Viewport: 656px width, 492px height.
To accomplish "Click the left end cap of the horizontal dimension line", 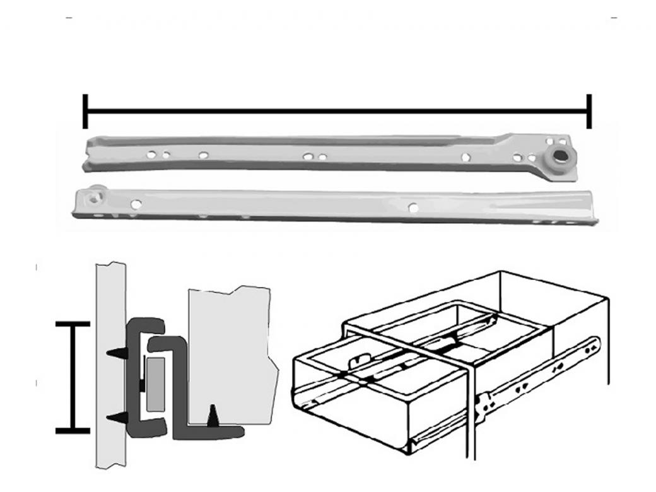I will (x=85, y=111).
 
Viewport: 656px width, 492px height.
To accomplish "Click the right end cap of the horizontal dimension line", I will (x=589, y=111).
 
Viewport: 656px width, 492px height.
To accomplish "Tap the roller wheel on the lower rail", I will (x=95, y=196).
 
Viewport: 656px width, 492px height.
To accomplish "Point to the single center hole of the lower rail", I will (x=413, y=206).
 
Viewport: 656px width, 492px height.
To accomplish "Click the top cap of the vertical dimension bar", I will (x=73, y=325).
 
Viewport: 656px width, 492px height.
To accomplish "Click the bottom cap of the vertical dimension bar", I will (x=73, y=431).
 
